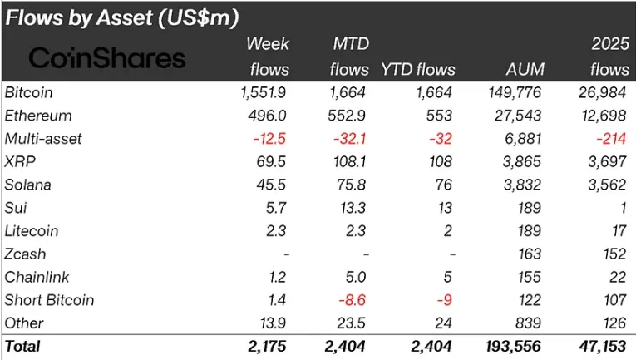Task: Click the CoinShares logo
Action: point(107,57)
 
